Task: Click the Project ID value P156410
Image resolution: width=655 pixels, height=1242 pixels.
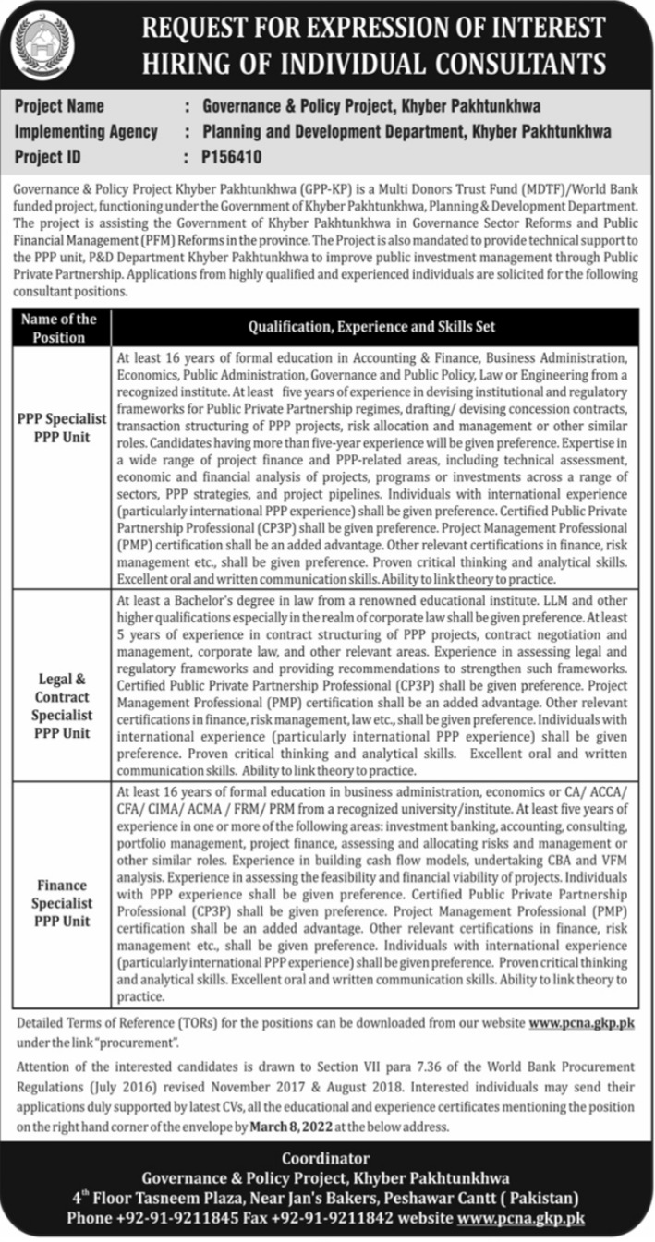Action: pos(231,158)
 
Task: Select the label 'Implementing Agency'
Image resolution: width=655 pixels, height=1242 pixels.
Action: pos(86,132)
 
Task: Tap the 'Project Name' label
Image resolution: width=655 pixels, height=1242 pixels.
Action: pos(59,106)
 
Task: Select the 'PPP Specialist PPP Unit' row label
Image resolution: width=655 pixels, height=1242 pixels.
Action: pos(63,428)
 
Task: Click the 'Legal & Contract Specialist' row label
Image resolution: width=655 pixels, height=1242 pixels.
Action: pos(63,705)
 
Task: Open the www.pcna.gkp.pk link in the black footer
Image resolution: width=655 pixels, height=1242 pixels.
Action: pos(521,1218)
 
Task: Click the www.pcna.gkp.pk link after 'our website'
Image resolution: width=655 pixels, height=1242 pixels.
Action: pos(580,1023)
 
